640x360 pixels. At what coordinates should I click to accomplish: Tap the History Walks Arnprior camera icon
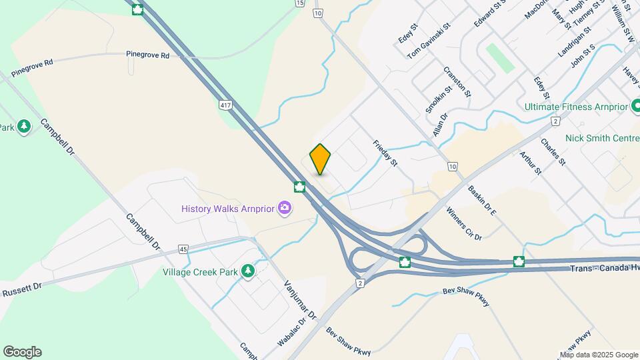click(285, 209)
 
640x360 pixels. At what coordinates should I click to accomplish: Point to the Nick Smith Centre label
click(601, 139)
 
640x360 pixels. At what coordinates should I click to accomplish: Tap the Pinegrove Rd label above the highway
click(147, 55)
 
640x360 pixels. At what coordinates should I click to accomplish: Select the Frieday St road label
click(385, 153)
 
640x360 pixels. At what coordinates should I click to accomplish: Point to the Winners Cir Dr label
click(464, 224)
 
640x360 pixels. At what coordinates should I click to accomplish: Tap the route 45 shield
click(183, 249)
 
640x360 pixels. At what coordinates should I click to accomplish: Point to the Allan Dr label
click(439, 125)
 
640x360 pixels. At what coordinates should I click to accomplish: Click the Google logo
click(22, 352)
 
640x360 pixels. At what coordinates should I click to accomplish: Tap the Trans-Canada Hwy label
click(603, 268)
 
